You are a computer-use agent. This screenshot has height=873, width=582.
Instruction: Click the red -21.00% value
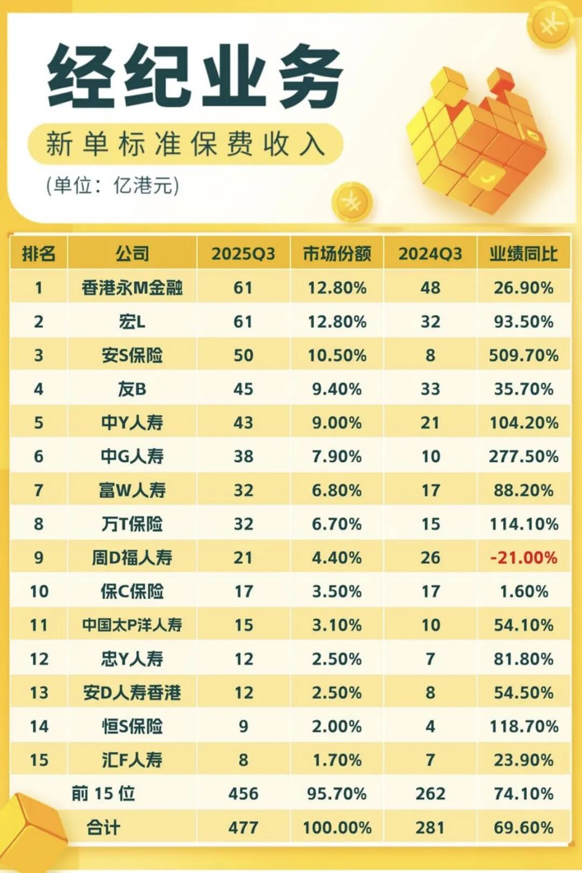point(523,557)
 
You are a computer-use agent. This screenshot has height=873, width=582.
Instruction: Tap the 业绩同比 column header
point(523,253)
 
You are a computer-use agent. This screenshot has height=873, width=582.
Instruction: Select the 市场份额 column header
point(337,253)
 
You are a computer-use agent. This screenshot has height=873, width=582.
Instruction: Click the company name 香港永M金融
point(132,287)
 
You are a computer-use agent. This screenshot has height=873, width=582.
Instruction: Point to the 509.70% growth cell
point(523,355)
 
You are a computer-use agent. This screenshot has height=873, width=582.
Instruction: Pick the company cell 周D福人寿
point(132,557)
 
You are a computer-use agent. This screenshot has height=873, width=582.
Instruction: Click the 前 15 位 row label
point(103,793)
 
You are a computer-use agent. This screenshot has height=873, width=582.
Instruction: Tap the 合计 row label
point(103,827)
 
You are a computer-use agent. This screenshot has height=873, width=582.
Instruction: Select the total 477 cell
point(243,827)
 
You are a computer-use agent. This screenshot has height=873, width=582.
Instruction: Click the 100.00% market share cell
point(337,827)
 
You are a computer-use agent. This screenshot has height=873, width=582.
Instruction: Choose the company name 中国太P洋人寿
point(132,625)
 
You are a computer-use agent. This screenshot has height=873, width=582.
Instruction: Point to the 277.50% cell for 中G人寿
point(523,456)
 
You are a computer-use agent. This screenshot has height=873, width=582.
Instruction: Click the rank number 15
point(39,760)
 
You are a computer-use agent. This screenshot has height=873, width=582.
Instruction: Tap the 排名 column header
point(39,253)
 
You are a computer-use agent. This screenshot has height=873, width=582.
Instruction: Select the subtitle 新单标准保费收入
point(185,144)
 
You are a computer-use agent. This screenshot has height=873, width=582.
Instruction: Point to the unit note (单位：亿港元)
point(112,185)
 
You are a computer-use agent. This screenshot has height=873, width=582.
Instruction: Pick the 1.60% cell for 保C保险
point(523,591)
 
